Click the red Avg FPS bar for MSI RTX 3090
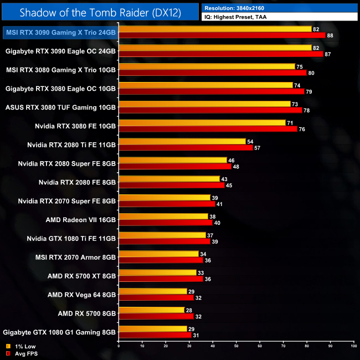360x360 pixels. pos(222,35)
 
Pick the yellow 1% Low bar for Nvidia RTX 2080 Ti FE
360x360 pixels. pos(182,141)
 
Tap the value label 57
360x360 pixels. pos(258,147)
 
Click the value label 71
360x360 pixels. pos(290,122)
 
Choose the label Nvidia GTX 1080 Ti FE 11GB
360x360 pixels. pos(71,238)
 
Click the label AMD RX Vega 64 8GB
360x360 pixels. pos(82,295)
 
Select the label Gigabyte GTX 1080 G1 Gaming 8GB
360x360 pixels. pos(60,332)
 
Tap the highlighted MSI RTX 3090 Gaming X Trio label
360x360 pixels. pos(60,33)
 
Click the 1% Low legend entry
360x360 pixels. pos(21,346)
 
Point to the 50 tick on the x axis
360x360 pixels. pos(236,346)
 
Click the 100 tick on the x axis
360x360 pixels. pos(353,346)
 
